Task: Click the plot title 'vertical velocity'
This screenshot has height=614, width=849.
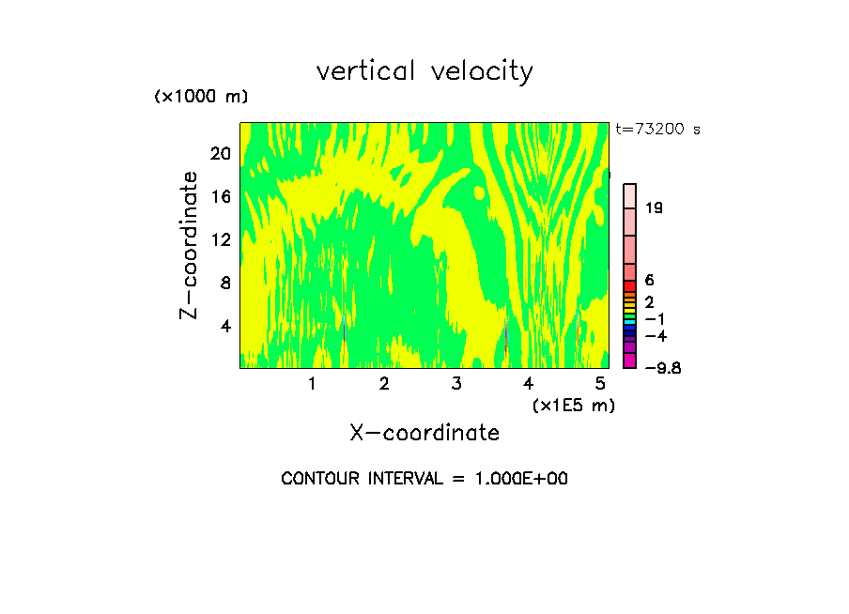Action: [424, 71]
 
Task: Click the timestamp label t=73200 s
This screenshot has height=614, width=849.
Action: [657, 130]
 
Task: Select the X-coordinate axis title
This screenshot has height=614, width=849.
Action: [424, 433]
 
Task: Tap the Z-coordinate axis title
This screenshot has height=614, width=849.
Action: [190, 245]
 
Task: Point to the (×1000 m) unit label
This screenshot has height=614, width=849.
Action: [200, 97]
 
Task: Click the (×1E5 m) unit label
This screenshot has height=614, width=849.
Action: [573, 405]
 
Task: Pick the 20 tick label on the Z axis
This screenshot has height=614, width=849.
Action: [220, 154]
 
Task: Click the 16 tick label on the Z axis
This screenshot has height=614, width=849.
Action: [220, 197]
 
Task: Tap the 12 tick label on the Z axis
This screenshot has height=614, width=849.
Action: [220, 239]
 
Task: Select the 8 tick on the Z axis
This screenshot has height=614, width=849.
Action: [224, 283]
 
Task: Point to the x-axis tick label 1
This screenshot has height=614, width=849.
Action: [312, 384]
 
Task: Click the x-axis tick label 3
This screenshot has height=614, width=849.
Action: [456, 384]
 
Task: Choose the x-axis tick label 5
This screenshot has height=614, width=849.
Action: [601, 384]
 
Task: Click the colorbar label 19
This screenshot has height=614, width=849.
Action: [655, 208]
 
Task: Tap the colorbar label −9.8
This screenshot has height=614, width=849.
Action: [662, 368]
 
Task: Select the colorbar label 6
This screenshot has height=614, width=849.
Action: [649, 281]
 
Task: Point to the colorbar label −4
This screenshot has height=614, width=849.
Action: [656, 335]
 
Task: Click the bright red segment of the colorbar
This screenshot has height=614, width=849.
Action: [630, 286]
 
